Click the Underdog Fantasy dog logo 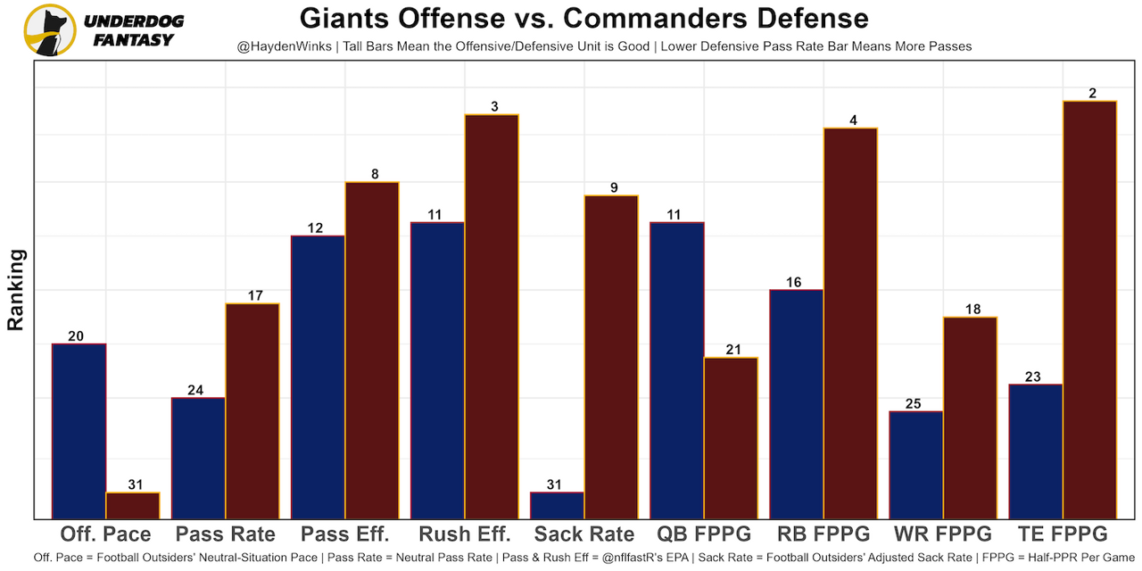tap(50, 30)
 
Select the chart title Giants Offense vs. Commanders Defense tap(583, 18)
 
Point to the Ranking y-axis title tap(16, 290)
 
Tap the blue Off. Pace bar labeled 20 tap(79, 431)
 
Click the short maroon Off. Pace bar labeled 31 tap(133, 505)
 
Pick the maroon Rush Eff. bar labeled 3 tap(492, 317)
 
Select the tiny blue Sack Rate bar tap(557, 505)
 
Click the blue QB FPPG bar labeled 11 tap(677, 370)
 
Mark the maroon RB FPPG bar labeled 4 tap(850, 323)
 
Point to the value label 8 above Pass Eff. tap(375, 175)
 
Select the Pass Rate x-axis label tap(225, 534)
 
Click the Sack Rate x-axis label tap(583, 534)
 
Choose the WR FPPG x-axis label tap(942, 534)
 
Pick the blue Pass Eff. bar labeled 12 tap(319, 377)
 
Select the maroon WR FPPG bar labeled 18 tap(970, 418)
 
